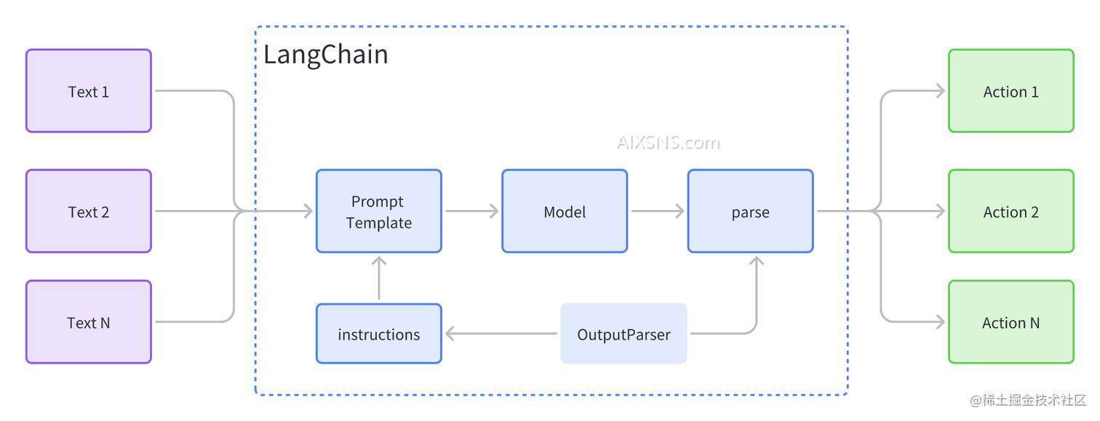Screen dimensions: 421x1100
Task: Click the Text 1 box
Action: (x=88, y=91)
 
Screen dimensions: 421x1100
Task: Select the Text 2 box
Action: (x=88, y=212)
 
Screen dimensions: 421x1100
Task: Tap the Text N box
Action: (x=88, y=322)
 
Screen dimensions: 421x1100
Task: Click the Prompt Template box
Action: (x=378, y=212)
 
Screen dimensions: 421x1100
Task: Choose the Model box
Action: (x=564, y=212)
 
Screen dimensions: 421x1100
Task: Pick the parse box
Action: (x=750, y=212)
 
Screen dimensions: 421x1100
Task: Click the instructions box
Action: (x=378, y=334)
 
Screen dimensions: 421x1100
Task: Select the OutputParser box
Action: (x=623, y=334)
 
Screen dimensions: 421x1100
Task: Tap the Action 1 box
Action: (x=1011, y=91)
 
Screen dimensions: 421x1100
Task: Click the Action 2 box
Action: (x=1011, y=212)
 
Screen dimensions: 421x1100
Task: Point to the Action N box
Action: (x=1011, y=322)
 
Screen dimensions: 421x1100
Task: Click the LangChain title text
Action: (x=325, y=55)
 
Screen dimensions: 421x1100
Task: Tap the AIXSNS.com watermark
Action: (x=668, y=143)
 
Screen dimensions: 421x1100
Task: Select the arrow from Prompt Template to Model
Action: (x=471, y=212)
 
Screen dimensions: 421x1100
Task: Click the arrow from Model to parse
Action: (x=657, y=212)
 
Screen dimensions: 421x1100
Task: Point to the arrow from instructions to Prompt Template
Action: (x=378, y=278)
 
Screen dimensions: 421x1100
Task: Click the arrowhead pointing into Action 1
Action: (x=940, y=91)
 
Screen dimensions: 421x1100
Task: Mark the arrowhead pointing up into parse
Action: (x=757, y=261)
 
